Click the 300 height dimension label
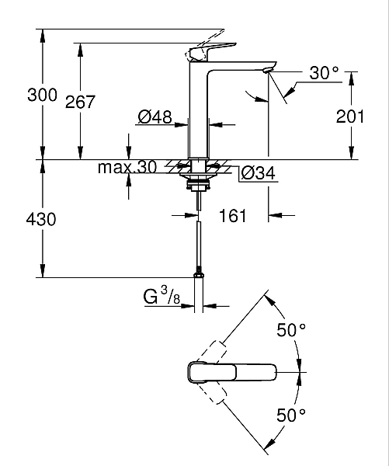pyautogui.click(x=41, y=96)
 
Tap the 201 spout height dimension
pyautogui.click(x=350, y=116)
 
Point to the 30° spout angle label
pyautogui.click(x=324, y=74)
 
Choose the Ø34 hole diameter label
pyautogui.click(x=255, y=172)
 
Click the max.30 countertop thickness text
pyautogui.click(x=127, y=167)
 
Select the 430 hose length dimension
pyautogui.click(x=41, y=220)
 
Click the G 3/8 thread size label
pyautogui.click(x=162, y=297)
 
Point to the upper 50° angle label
pyautogui.click(x=292, y=330)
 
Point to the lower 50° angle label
pyautogui.click(x=292, y=415)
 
